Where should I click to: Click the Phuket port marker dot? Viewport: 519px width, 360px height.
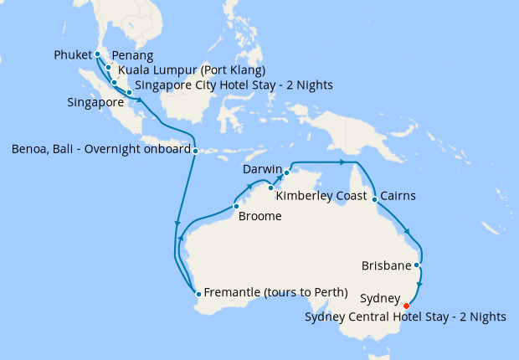pos(98,54)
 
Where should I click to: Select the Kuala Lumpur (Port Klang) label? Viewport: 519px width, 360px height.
pos(192,69)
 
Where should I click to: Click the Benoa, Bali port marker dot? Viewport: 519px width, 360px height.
pos(195,152)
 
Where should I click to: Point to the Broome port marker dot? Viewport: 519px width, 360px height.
pos(236,206)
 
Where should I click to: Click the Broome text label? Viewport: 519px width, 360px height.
pos(260,216)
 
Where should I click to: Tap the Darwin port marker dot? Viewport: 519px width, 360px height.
pos(286,172)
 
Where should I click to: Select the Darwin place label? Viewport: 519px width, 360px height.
pos(261,170)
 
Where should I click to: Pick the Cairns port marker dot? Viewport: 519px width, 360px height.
pos(373,199)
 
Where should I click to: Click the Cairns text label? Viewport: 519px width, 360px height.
pos(398,197)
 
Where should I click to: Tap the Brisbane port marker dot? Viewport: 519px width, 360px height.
pos(417,265)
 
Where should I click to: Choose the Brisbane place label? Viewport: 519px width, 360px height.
pos(386,266)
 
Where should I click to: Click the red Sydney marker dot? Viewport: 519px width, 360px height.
pos(406,306)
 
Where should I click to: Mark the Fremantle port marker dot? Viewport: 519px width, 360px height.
pos(198,293)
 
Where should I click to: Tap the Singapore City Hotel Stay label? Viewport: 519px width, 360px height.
pos(234,85)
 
